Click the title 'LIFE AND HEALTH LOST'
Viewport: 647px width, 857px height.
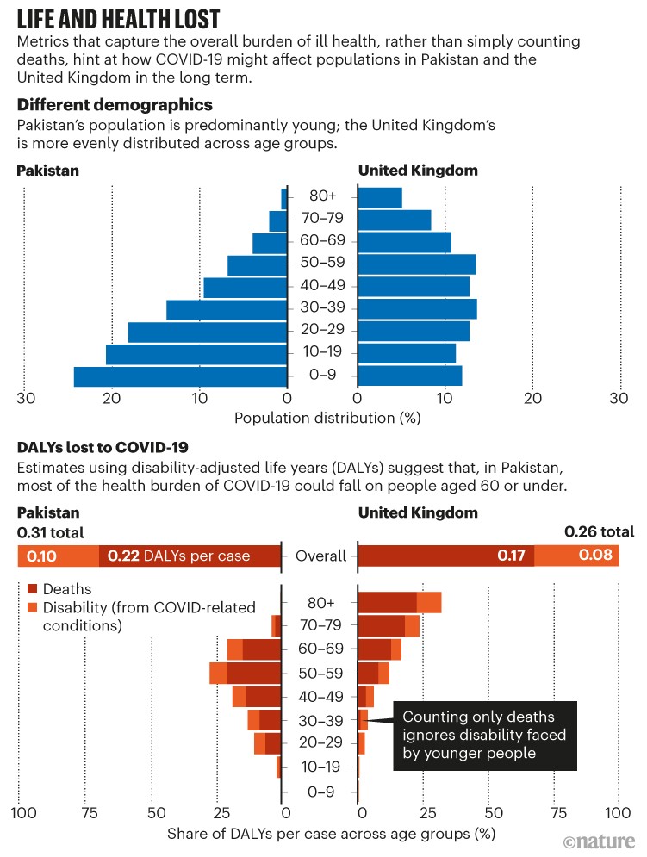(119, 19)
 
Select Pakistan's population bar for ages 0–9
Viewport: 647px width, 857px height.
(180, 376)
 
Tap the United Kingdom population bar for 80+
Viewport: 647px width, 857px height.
(380, 197)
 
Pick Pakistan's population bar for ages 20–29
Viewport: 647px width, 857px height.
(208, 332)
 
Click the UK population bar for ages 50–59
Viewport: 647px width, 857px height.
(416, 264)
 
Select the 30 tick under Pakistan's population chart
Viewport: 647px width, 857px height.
(26, 397)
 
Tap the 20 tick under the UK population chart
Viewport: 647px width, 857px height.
(533, 397)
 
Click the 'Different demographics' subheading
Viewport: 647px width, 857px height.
(115, 105)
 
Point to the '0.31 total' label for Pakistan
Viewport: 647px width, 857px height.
(51, 532)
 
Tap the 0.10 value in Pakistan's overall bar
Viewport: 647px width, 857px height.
(41, 556)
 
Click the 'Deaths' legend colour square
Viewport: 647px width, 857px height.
(32, 589)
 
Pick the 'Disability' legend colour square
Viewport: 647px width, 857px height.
(32, 608)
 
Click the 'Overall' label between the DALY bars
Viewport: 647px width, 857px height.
(321, 556)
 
